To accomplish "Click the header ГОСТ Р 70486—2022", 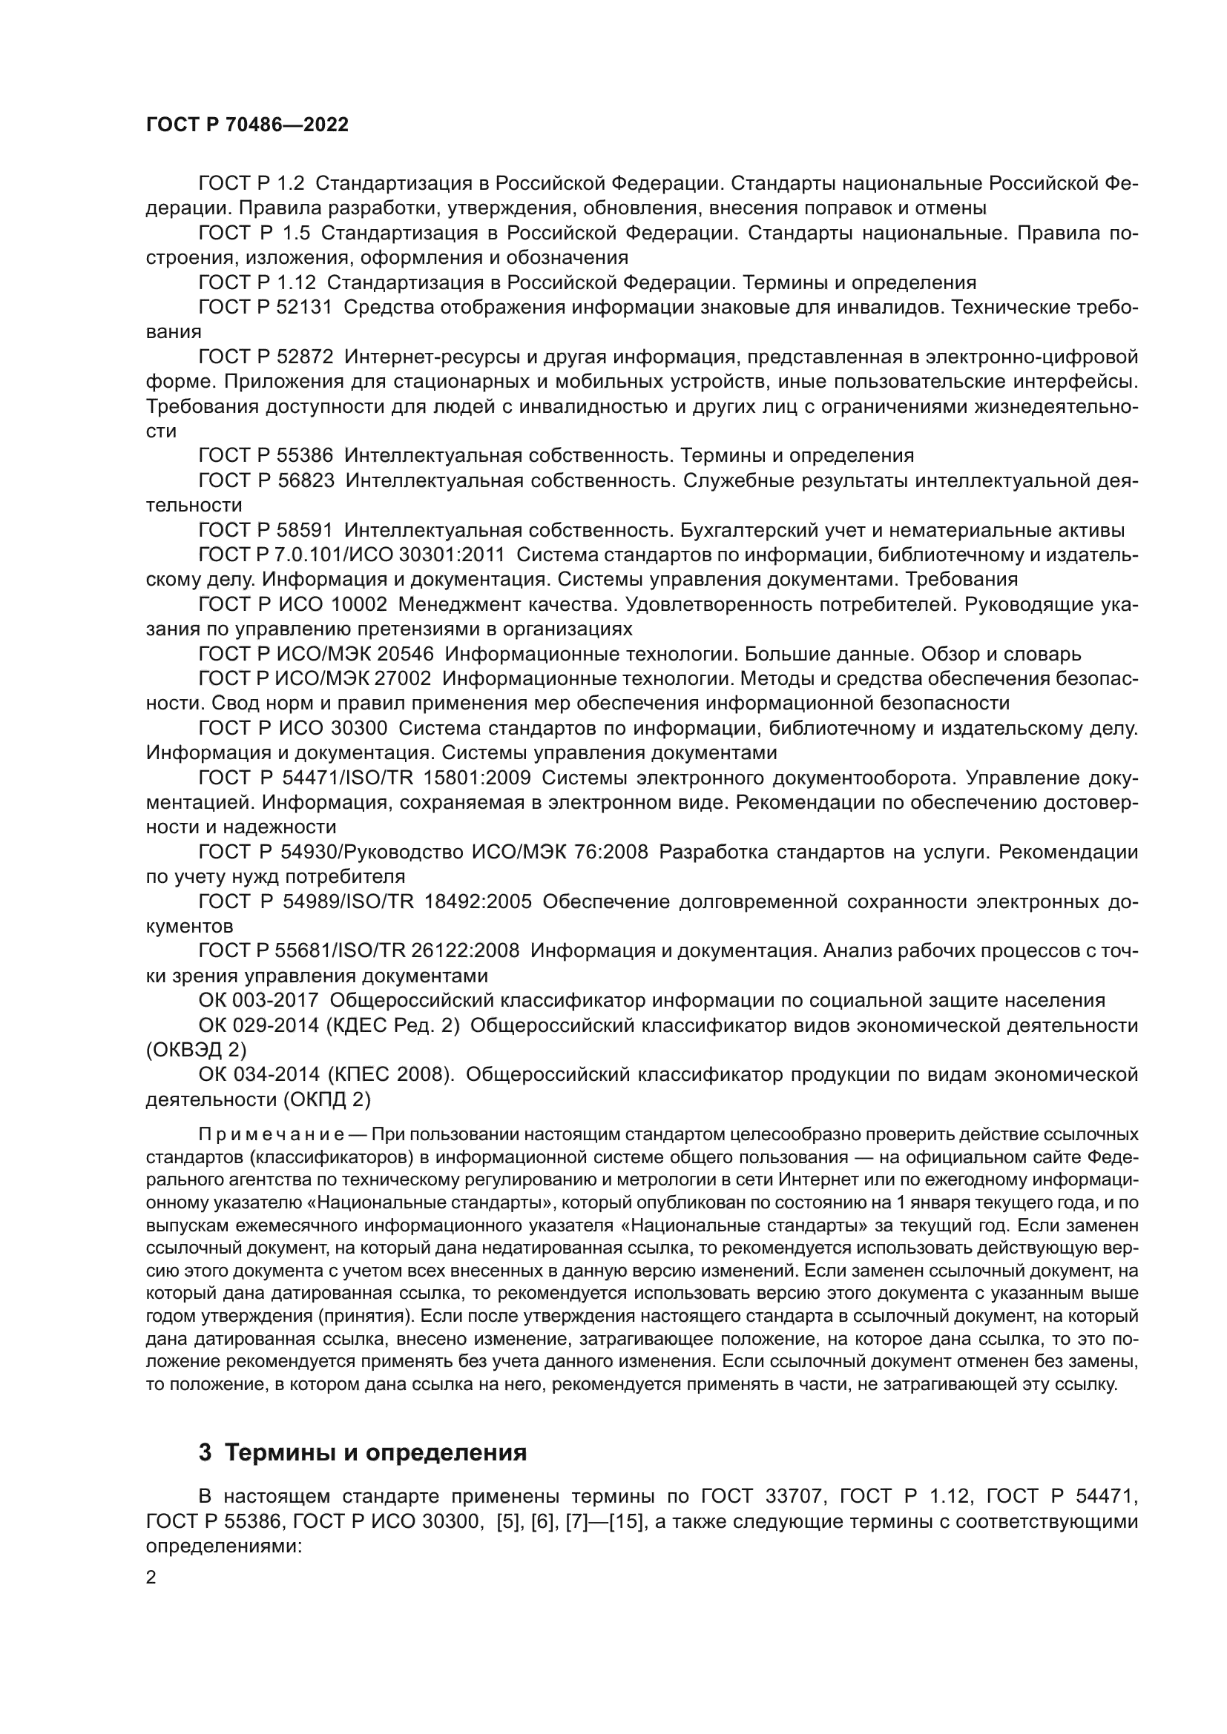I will [x=247, y=125].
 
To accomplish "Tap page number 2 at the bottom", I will [x=151, y=1578].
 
